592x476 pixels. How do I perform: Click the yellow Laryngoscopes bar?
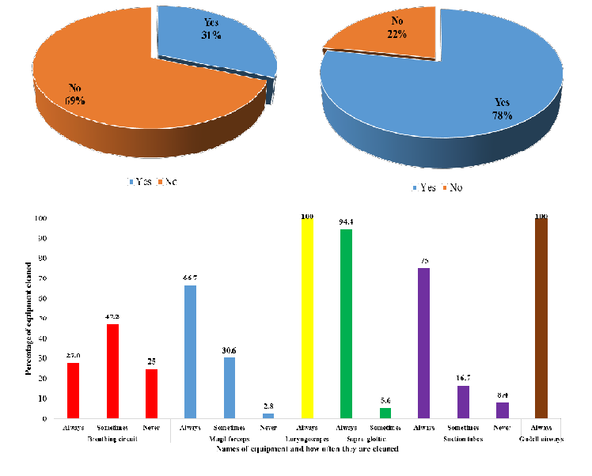(x=306, y=316)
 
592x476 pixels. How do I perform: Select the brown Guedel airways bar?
(x=541, y=316)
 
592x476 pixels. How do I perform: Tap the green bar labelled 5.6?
(x=385, y=412)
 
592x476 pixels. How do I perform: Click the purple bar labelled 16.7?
(x=462, y=401)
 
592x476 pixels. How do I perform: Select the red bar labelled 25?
(x=150, y=392)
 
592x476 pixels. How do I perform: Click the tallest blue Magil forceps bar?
(x=190, y=351)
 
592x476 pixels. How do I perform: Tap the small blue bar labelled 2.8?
(x=268, y=415)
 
